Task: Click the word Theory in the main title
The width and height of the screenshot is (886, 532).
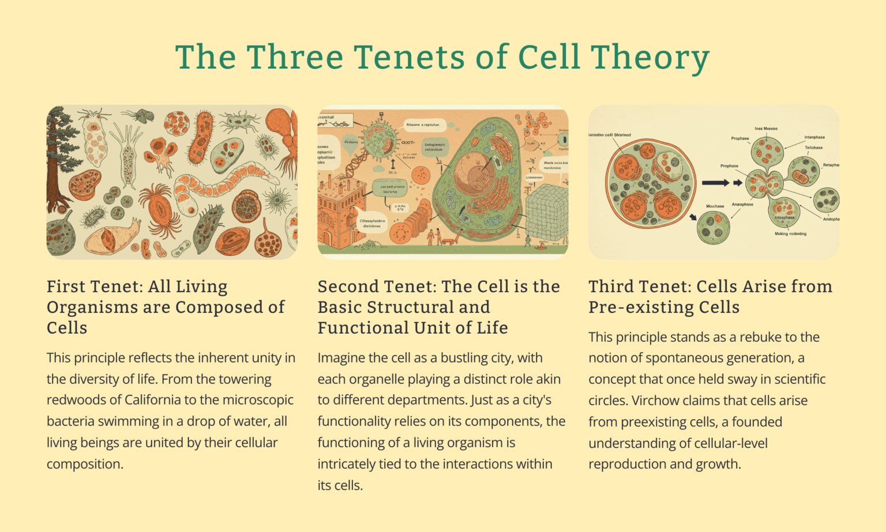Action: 650,58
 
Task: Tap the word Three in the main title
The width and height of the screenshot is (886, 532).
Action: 295,58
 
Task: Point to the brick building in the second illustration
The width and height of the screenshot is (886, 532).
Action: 340,213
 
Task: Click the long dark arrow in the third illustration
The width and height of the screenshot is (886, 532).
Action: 715,183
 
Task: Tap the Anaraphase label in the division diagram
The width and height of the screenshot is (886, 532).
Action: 742,205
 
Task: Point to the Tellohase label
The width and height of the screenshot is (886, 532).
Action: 814,148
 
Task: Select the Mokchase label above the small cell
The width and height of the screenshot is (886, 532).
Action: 715,206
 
